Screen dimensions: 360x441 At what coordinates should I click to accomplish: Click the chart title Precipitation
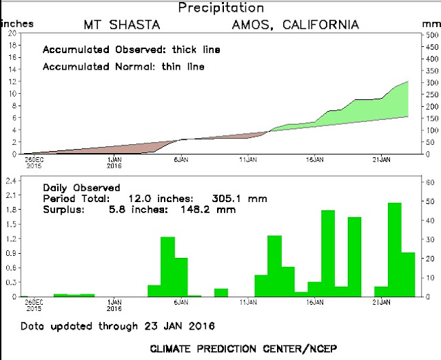tap(220, 8)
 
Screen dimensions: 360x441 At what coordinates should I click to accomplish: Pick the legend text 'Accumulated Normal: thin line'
tap(123, 67)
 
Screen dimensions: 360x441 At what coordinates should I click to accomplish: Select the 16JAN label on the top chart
tap(316, 160)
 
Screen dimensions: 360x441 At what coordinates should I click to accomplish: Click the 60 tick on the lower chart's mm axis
tap(429, 181)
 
